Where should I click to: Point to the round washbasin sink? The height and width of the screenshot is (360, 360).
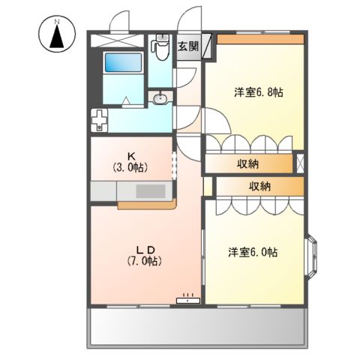coord(160,97)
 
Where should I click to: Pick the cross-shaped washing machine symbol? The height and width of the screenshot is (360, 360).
coord(100,119)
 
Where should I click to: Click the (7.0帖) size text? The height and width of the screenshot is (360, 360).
coord(145,261)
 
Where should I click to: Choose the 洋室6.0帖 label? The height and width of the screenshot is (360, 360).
coord(253,252)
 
